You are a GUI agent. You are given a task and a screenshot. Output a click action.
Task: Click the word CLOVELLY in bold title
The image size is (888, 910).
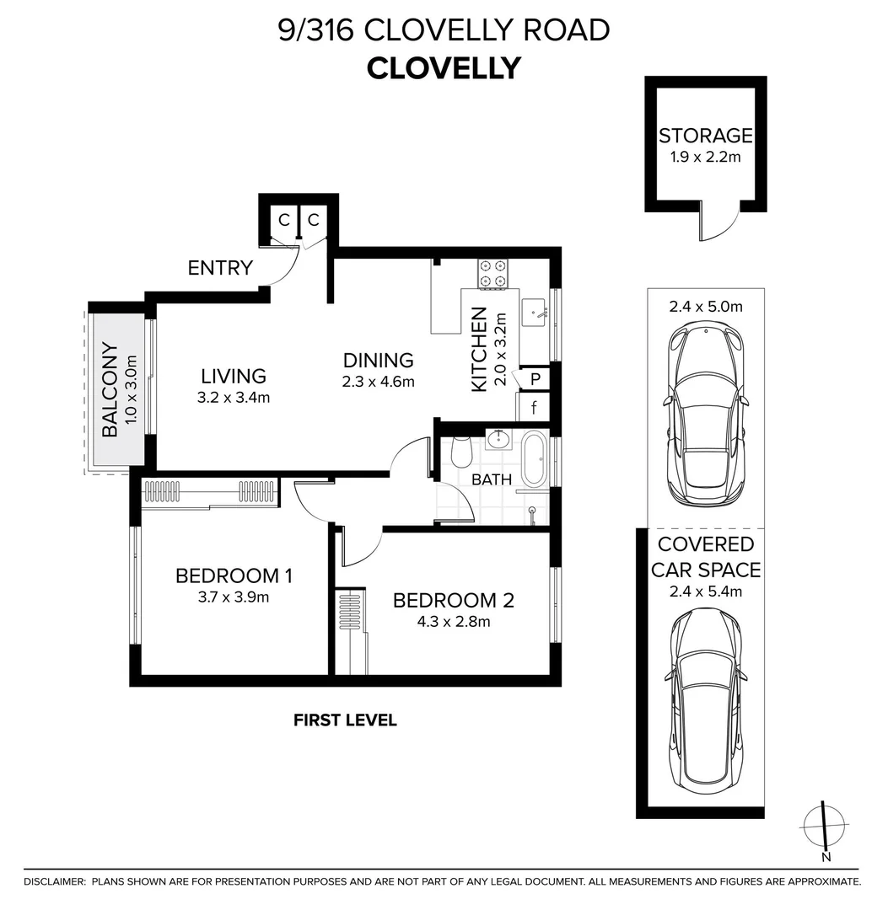[444, 68]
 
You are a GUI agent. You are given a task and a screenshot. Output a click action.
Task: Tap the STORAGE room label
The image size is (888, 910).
[705, 136]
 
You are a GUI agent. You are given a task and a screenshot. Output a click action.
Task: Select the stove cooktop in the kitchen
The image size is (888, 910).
[492, 271]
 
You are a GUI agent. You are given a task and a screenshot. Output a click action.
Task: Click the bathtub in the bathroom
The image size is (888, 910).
[534, 458]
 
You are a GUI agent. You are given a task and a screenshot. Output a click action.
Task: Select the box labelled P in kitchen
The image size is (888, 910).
[535, 379]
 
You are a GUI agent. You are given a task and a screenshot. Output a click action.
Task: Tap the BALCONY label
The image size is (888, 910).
[110, 389]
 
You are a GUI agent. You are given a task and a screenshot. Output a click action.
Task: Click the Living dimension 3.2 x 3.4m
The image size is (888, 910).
[233, 398]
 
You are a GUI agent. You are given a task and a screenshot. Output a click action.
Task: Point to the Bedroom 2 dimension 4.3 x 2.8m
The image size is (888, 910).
[453, 623]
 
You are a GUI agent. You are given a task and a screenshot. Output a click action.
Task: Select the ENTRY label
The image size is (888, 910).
[220, 268]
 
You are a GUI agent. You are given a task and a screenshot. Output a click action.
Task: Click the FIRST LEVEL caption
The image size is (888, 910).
[345, 720]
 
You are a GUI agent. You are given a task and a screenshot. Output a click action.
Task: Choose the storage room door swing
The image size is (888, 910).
[718, 222]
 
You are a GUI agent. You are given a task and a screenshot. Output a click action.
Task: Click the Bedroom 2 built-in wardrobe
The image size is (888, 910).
[351, 632]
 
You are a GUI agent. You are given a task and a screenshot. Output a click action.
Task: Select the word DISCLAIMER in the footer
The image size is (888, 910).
[55, 881]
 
